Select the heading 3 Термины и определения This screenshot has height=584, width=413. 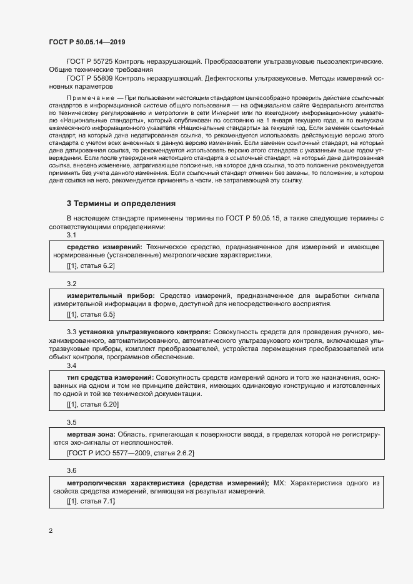121,204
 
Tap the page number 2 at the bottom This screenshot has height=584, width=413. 51,531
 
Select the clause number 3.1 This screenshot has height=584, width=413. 71,235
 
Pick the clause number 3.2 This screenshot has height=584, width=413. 71,284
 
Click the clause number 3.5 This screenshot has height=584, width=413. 71,422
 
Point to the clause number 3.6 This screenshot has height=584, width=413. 71,470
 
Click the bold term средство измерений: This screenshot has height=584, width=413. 104,247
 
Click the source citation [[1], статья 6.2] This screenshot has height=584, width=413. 91,265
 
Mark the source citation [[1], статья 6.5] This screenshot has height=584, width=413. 91,314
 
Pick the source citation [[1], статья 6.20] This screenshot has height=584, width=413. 92,405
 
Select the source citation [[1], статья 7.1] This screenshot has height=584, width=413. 91,502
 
